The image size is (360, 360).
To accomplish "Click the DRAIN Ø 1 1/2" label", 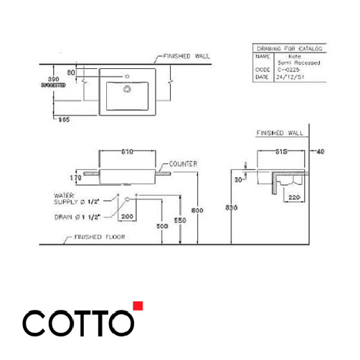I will [79, 216].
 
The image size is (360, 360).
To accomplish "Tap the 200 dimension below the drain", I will [129, 216].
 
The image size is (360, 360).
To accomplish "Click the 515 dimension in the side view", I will [280, 153].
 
